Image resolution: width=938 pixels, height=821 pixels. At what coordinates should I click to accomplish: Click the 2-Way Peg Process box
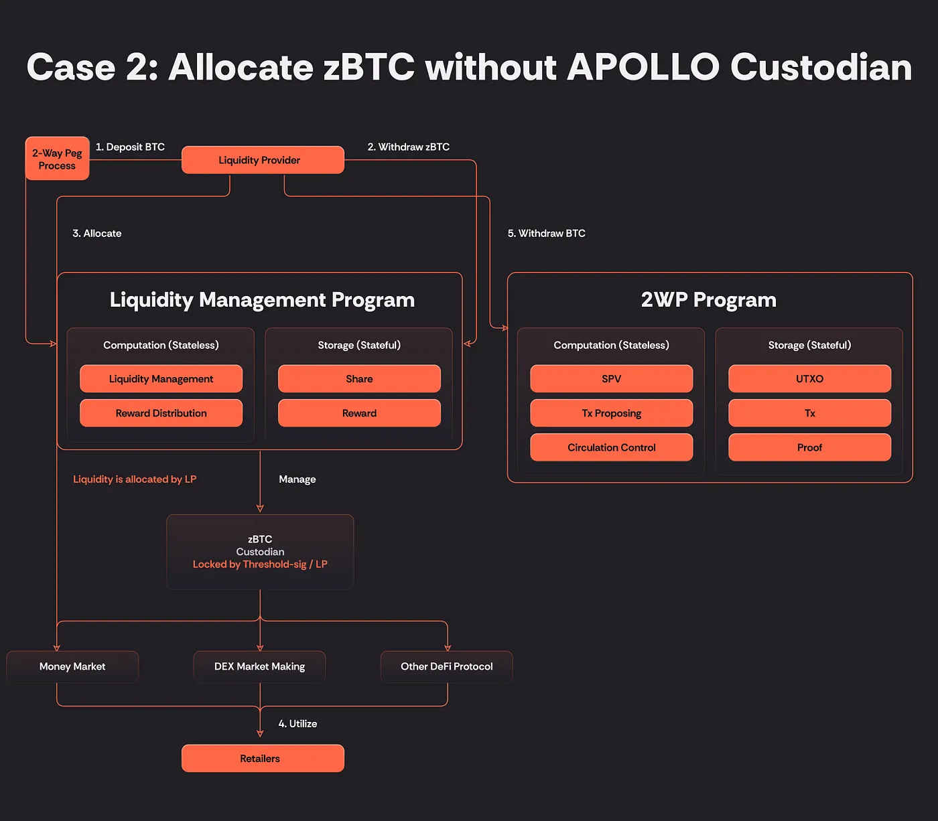pyautogui.click(x=57, y=159)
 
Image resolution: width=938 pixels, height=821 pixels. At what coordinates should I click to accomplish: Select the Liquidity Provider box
pyautogui.click(x=263, y=160)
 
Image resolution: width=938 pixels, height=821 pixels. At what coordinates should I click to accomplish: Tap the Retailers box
pyautogui.click(x=263, y=758)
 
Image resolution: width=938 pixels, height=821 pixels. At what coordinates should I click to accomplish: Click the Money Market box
pyautogui.click(x=72, y=666)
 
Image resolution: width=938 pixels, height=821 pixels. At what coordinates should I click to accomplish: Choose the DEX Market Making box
pyautogui.click(x=259, y=666)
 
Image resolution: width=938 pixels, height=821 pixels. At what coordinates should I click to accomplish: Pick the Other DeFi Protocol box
pyautogui.click(x=446, y=666)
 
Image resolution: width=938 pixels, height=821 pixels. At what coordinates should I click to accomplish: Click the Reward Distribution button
pyautogui.click(x=161, y=413)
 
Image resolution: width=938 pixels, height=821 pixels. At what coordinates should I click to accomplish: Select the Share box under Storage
pyautogui.click(x=359, y=379)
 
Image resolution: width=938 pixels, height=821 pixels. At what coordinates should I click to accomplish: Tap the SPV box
pyautogui.click(x=611, y=379)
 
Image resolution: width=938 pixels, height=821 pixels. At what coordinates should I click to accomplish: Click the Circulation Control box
pyautogui.click(x=611, y=447)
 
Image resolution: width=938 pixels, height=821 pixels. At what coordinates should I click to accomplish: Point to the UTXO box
pyautogui.click(x=809, y=379)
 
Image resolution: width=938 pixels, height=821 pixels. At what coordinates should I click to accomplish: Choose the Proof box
pyautogui.click(x=809, y=447)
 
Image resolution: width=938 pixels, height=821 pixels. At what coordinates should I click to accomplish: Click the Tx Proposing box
pyautogui.click(x=611, y=413)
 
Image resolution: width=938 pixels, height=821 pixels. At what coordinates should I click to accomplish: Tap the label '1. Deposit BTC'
pyautogui.click(x=130, y=147)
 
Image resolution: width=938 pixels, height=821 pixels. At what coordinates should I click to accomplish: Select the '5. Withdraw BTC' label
pyautogui.click(x=546, y=233)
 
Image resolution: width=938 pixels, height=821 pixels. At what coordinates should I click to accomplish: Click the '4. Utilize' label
pyautogui.click(x=297, y=724)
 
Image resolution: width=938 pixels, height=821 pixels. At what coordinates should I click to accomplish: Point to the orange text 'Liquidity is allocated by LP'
pyautogui.click(x=135, y=479)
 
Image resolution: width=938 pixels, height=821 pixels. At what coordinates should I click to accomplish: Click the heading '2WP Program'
pyautogui.click(x=708, y=299)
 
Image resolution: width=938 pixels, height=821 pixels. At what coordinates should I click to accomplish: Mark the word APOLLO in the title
pyautogui.click(x=643, y=67)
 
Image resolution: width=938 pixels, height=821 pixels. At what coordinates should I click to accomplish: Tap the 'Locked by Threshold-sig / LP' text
pyautogui.click(x=260, y=565)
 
